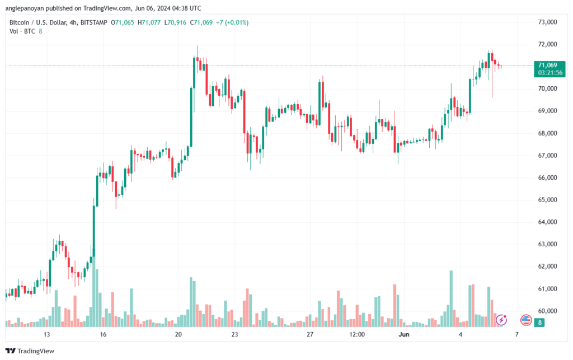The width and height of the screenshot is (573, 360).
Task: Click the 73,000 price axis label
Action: tap(547, 22)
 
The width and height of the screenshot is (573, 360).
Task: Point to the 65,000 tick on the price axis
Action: tap(547, 200)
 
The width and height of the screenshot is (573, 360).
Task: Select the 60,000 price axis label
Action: tap(547, 311)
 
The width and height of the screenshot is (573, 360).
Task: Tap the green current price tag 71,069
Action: tap(547, 66)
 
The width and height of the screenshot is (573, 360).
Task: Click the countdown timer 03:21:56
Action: tap(550, 73)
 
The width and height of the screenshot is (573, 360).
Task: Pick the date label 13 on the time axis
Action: tap(46, 334)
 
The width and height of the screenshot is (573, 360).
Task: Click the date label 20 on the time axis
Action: tap(179, 334)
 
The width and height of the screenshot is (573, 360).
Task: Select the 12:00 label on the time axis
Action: tap(357, 334)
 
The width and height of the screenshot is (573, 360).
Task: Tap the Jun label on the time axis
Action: tap(404, 334)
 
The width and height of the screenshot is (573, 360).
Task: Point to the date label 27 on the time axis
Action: tap(310, 334)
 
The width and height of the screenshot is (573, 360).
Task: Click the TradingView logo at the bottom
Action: tap(30, 351)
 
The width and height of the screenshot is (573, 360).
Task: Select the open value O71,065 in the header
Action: tap(123, 22)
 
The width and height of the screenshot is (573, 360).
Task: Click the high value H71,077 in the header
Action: tap(149, 22)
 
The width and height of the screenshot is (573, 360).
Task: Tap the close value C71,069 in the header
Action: tap(201, 22)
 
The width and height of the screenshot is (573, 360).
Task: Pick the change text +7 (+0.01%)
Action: tap(232, 22)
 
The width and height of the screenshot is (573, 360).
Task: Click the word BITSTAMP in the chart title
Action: tap(94, 22)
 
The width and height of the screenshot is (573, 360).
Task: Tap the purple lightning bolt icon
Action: tap(501, 320)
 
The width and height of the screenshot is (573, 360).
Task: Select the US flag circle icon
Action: tap(526, 320)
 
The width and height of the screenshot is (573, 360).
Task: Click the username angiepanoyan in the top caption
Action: tap(25, 8)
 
